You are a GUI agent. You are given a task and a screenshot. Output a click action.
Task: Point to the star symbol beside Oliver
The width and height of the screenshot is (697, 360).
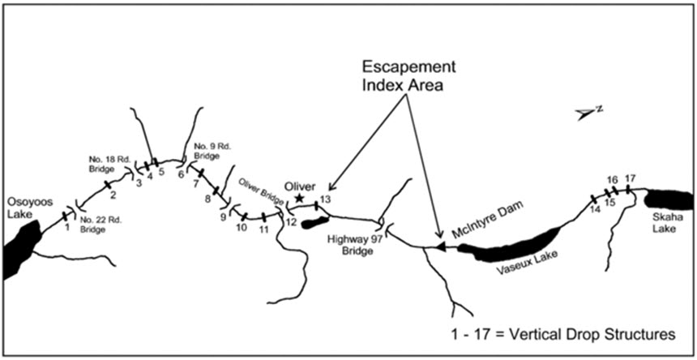pos(300,198)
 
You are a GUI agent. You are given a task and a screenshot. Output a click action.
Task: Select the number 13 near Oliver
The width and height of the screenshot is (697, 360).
pos(325,199)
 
